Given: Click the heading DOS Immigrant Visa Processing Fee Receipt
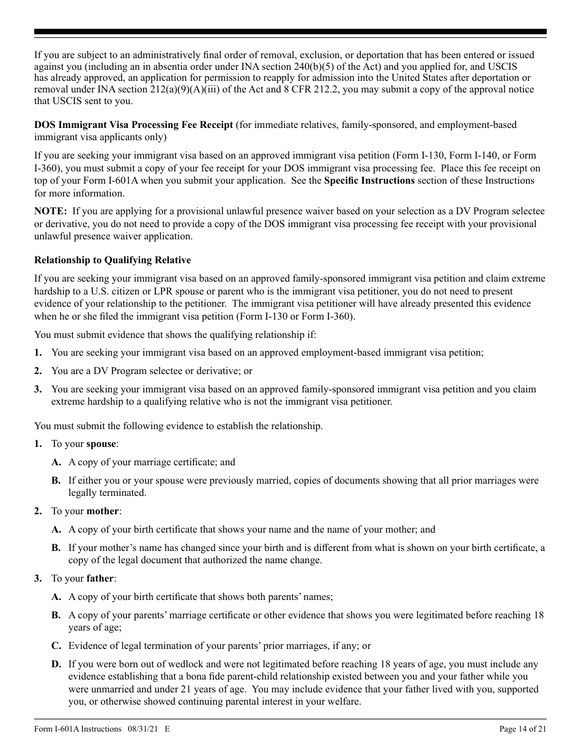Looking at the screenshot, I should [133, 125].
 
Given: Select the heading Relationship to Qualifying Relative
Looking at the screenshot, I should [113, 260].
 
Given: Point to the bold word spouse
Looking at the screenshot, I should [101, 444].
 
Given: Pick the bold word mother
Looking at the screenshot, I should [103, 511].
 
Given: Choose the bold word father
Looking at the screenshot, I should [100, 579].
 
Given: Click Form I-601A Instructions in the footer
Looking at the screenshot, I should [78, 729].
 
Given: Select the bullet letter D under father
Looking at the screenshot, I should [56, 664].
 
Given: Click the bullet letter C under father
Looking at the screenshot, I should [56, 646].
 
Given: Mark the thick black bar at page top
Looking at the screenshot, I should [290, 32].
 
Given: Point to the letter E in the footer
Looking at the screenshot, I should [167, 729].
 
